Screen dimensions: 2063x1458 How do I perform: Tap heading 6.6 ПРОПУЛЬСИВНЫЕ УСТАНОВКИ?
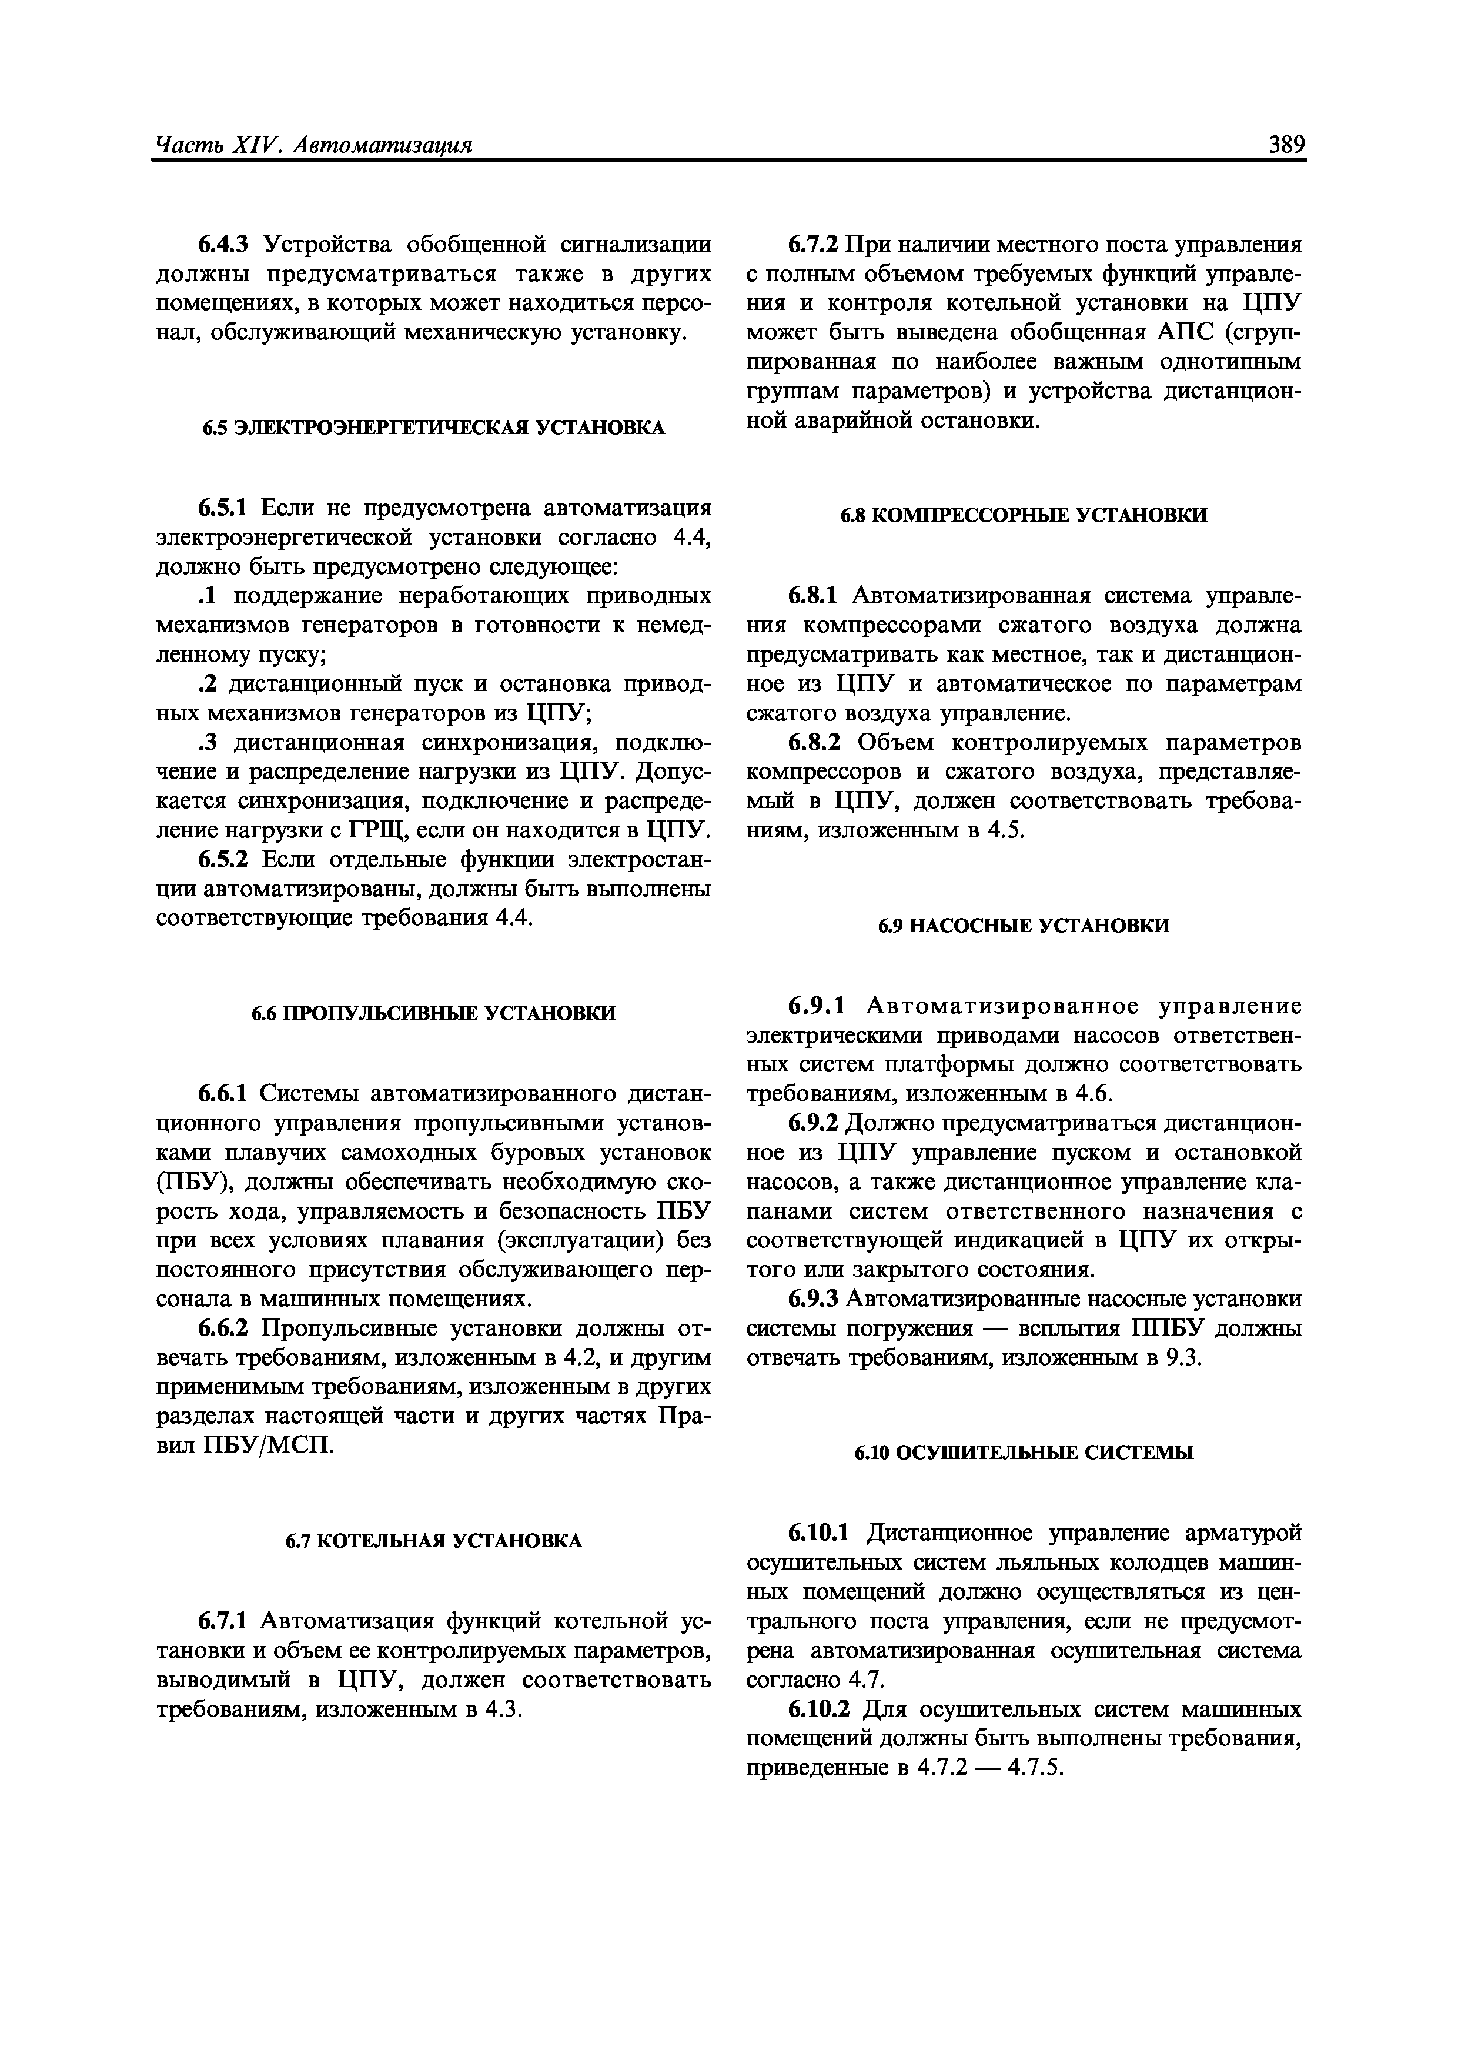coord(434,1013)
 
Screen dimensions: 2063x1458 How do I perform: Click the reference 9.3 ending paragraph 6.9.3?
coord(1182,1358)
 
